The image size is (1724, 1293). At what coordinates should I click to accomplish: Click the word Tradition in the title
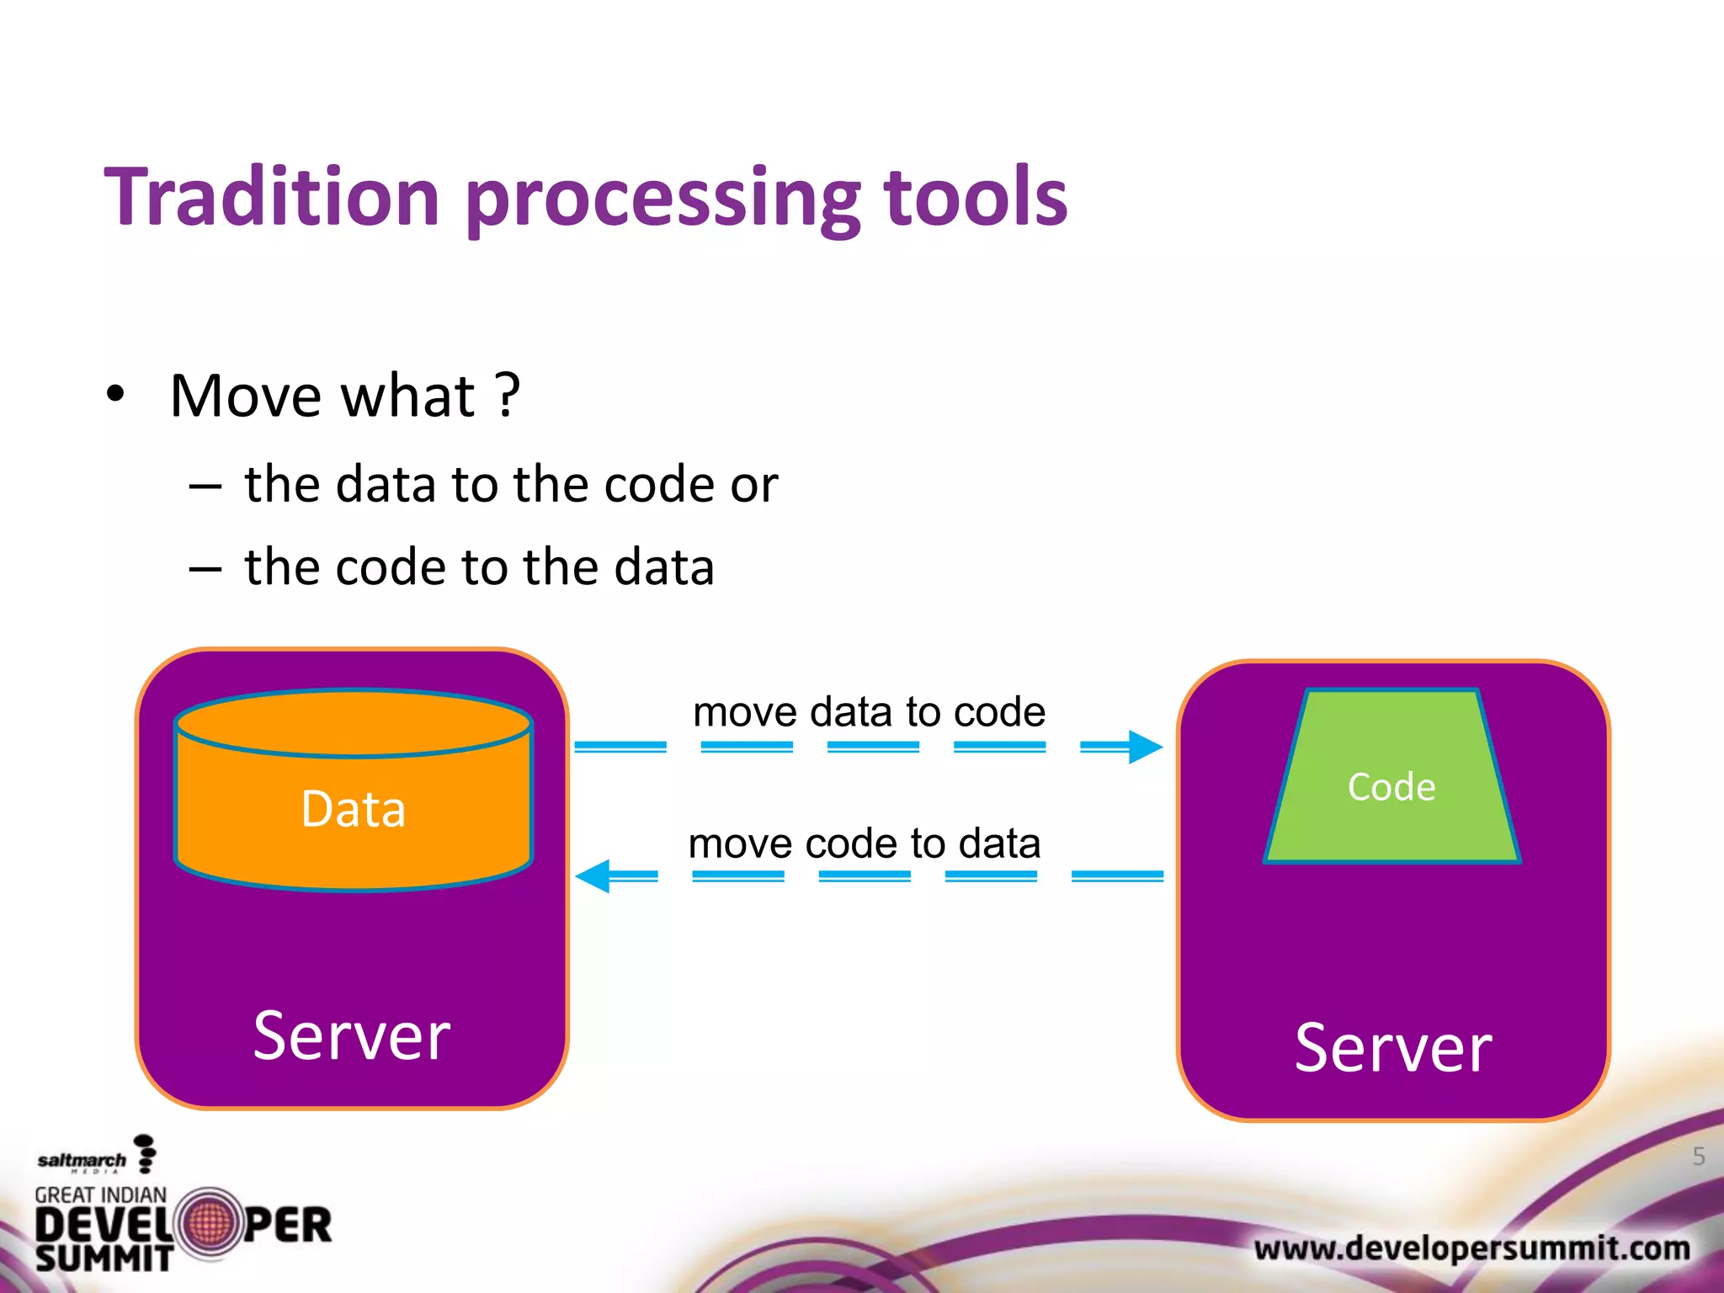click(x=272, y=197)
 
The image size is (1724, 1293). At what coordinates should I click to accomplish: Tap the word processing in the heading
click(x=662, y=202)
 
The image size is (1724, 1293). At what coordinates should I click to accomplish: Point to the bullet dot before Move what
click(x=115, y=395)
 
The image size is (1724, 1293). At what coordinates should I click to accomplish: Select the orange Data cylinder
click(x=354, y=791)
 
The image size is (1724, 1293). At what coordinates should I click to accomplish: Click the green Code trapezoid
click(x=1391, y=783)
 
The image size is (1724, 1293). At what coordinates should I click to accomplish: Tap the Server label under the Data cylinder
click(x=352, y=1035)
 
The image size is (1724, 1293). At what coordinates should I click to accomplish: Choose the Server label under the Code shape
click(x=1393, y=1047)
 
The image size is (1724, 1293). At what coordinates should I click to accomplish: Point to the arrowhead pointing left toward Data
click(x=593, y=876)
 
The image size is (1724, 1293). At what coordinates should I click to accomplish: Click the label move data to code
click(x=869, y=712)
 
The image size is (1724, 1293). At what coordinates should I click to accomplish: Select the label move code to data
click(x=865, y=843)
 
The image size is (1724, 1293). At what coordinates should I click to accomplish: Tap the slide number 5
click(x=1699, y=1157)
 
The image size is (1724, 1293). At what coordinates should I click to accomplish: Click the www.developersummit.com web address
click(x=1471, y=1248)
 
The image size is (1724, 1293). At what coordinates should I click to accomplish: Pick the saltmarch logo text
click(x=82, y=1161)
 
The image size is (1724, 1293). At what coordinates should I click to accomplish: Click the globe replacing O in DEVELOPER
click(x=208, y=1224)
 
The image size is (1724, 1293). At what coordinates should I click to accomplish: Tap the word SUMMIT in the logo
click(x=104, y=1258)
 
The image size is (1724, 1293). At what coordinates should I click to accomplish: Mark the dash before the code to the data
click(x=205, y=569)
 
